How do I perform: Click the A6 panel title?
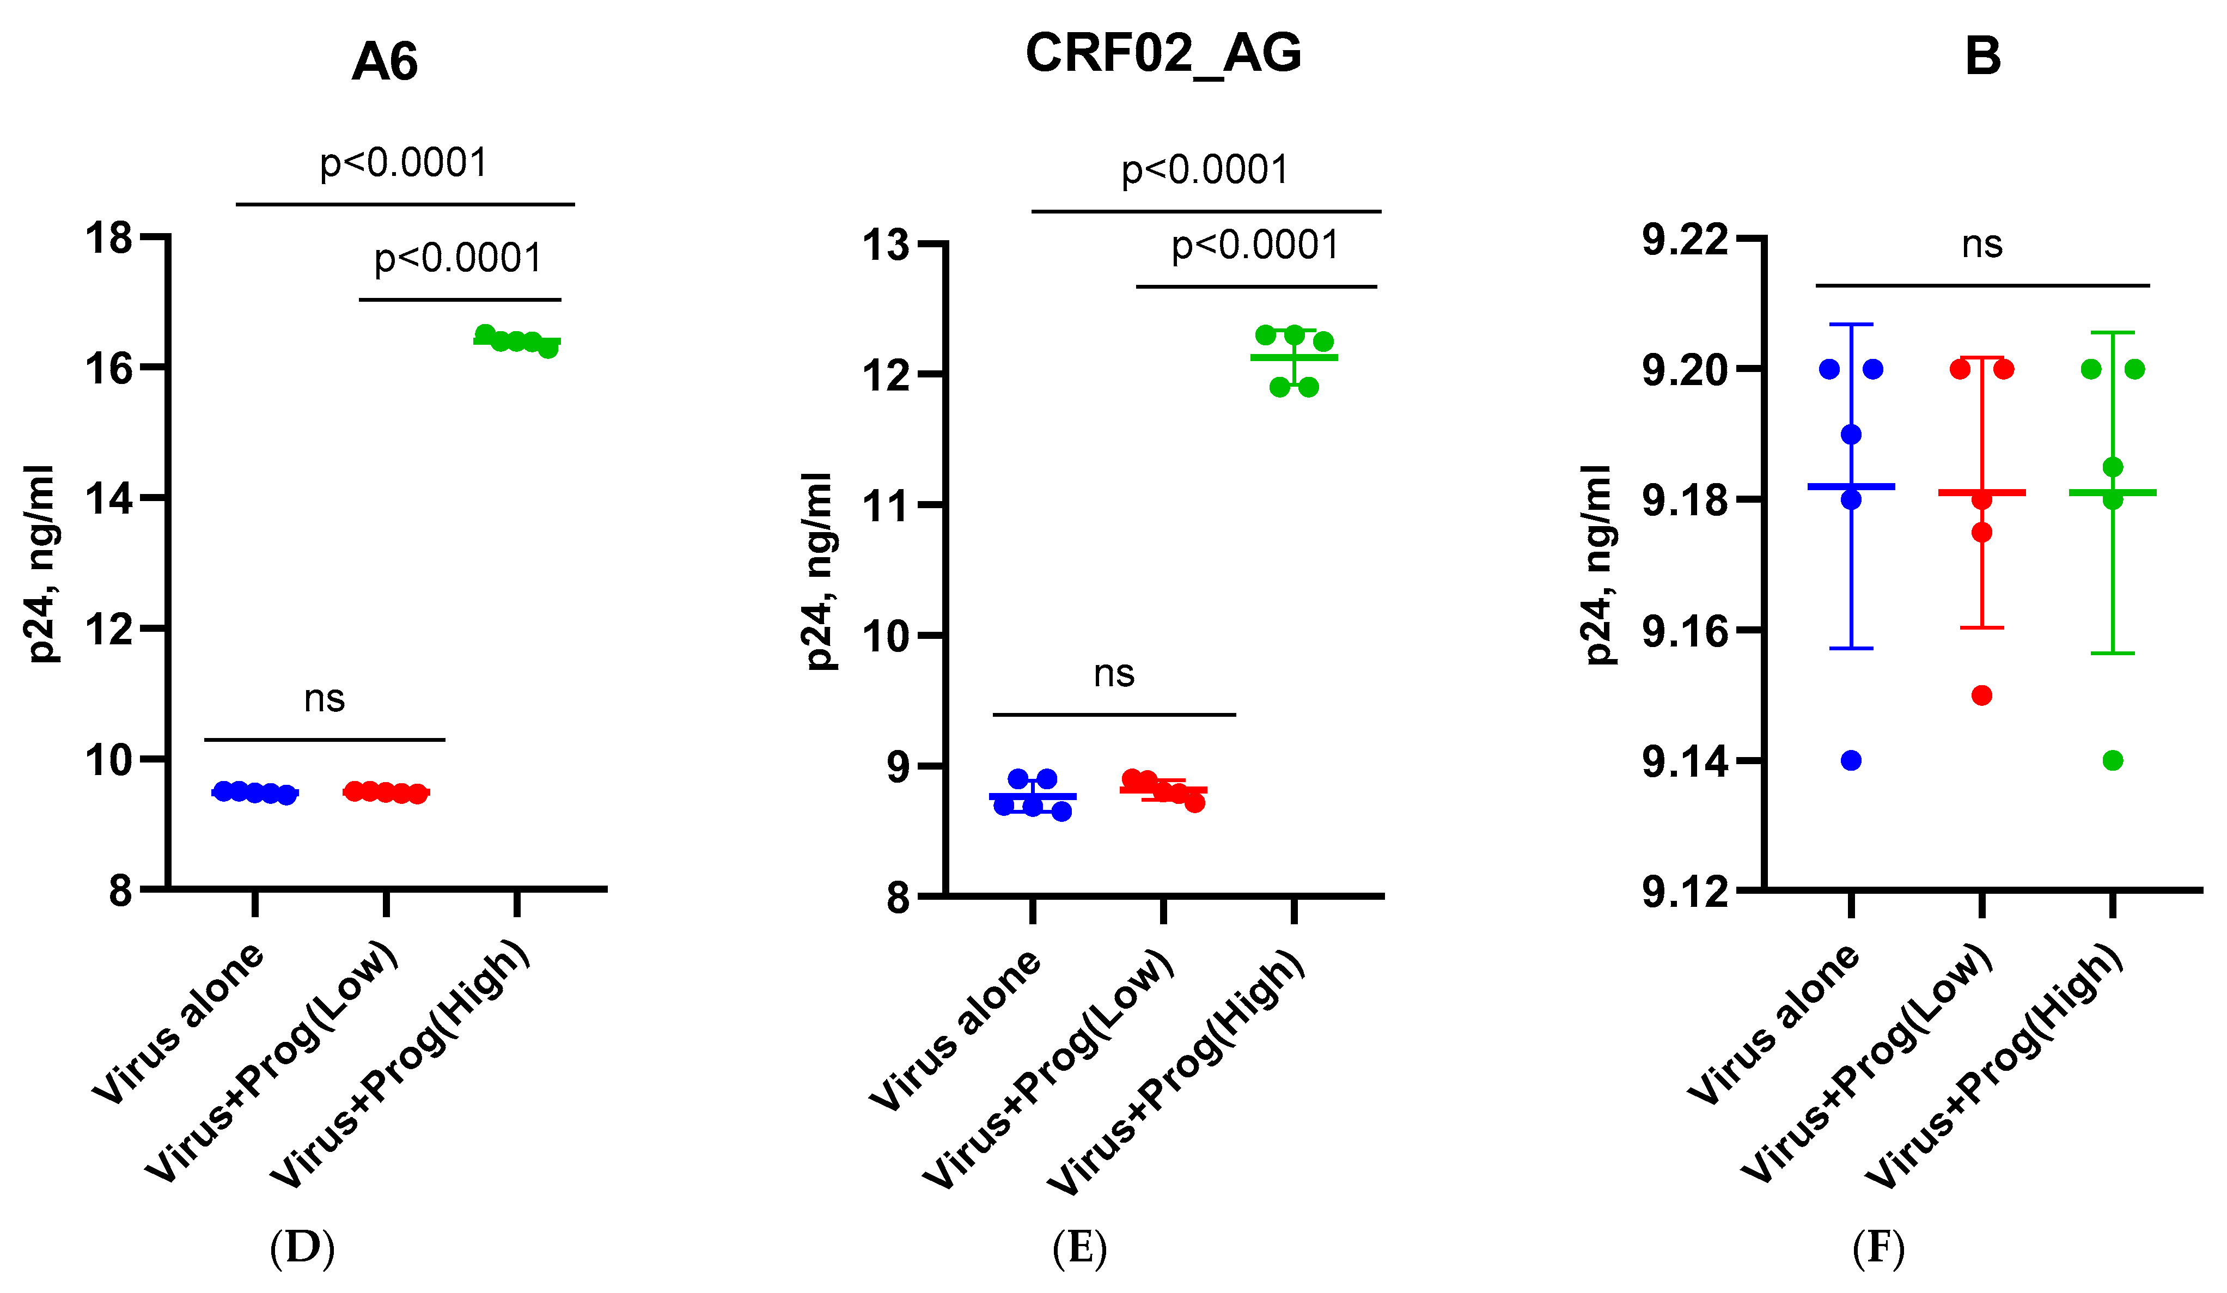(x=385, y=62)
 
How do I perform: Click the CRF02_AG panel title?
(x=1163, y=53)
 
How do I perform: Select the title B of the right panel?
(x=1982, y=57)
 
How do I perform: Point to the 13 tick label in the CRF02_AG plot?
(x=886, y=245)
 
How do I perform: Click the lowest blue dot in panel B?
(x=1851, y=761)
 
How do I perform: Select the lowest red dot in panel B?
(x=1982, y=696)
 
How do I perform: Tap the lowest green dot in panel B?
(x=2113, y=761)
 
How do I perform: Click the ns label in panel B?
(x=1982, y=245)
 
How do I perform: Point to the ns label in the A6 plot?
(x=325, y=699)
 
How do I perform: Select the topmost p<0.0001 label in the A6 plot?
(x=404, y=163)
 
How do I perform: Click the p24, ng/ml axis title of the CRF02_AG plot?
(x=819, y=570)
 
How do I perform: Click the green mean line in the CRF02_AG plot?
(x=1294, y=357)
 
